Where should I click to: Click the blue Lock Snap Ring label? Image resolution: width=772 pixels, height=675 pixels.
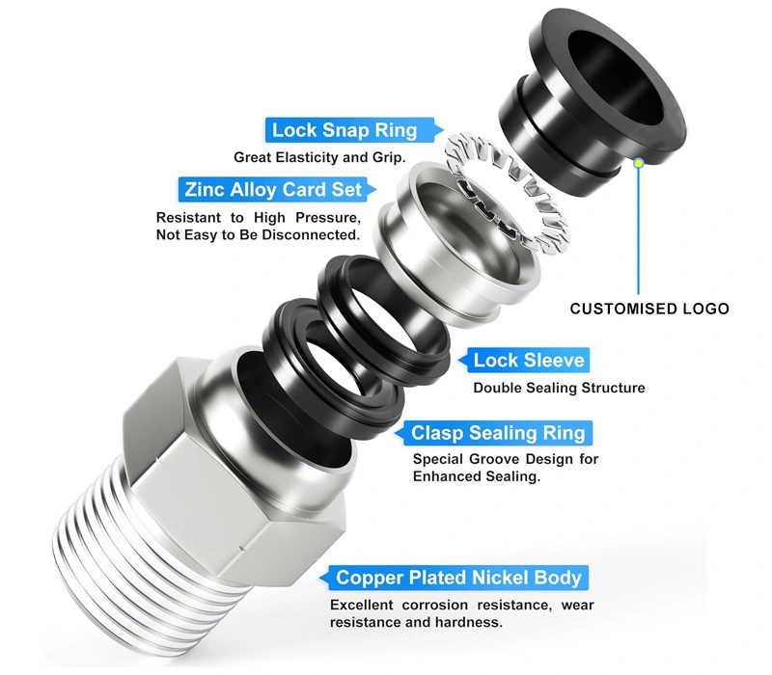click(349, 130)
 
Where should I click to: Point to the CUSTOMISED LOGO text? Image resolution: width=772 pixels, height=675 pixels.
click(649, 309)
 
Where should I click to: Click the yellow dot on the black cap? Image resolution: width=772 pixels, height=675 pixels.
click(639, 163)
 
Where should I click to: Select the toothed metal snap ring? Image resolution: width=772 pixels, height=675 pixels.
click(508, 193)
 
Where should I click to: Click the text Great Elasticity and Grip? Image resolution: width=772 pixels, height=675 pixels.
click(319, 157)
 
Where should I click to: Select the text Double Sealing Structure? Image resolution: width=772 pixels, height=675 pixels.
click(559, 389)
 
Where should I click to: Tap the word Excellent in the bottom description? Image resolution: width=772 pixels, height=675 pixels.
click(361, 606)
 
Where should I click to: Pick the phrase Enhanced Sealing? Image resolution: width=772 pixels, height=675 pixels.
click(476, 476)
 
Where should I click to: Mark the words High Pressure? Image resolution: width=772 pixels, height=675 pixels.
click(307, 218)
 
